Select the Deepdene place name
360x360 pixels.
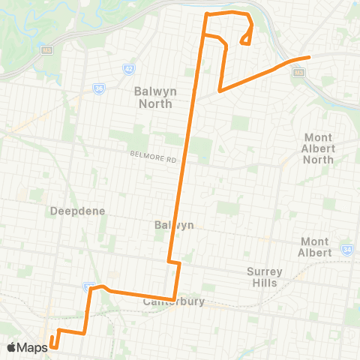[71, 211]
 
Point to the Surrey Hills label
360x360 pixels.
[262, 277]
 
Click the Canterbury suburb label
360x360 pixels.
[173, 301]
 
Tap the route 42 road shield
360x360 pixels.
[128, 69]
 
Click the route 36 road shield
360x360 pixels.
[99, 88]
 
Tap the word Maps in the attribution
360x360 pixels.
[33, 347]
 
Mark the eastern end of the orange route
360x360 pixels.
[308, 58]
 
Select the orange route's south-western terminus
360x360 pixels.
[53, 346]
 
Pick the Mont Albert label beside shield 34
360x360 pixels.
[316, 247]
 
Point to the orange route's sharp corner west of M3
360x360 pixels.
[220, 91]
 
